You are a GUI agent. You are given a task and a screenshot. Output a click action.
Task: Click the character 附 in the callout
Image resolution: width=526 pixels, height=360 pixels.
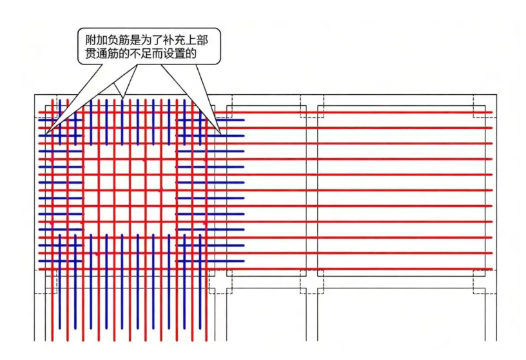tap(91, 41)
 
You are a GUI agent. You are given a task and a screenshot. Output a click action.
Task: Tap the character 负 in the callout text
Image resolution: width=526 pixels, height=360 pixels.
tap(113, 41)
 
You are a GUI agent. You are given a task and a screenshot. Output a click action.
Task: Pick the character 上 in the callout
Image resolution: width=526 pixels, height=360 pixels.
tap(191, 41)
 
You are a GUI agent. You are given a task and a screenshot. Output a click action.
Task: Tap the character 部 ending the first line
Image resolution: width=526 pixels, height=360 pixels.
tap(202, 41)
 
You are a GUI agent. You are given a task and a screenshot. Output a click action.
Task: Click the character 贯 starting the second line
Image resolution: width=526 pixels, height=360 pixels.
tap(91, 54)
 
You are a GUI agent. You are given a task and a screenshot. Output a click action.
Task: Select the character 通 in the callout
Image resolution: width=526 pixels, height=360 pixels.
tap(102, 54)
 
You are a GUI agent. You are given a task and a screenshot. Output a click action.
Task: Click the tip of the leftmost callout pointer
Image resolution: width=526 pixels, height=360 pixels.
tap(46, 134)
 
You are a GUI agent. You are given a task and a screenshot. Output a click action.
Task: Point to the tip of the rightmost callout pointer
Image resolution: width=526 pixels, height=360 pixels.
tap(220, 134)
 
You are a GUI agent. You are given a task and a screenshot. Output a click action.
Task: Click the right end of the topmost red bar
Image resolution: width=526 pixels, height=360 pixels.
tap(492, 112)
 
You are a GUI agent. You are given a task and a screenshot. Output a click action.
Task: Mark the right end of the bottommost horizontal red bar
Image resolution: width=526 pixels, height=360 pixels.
tap(492, 269)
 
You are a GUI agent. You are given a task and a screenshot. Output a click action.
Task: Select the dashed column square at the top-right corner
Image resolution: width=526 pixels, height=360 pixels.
tap(485, 106)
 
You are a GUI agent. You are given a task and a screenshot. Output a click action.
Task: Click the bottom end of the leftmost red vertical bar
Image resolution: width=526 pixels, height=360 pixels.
tap(52, 340)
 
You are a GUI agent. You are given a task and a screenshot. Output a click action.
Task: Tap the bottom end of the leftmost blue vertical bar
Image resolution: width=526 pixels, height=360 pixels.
tap(60, 328)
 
